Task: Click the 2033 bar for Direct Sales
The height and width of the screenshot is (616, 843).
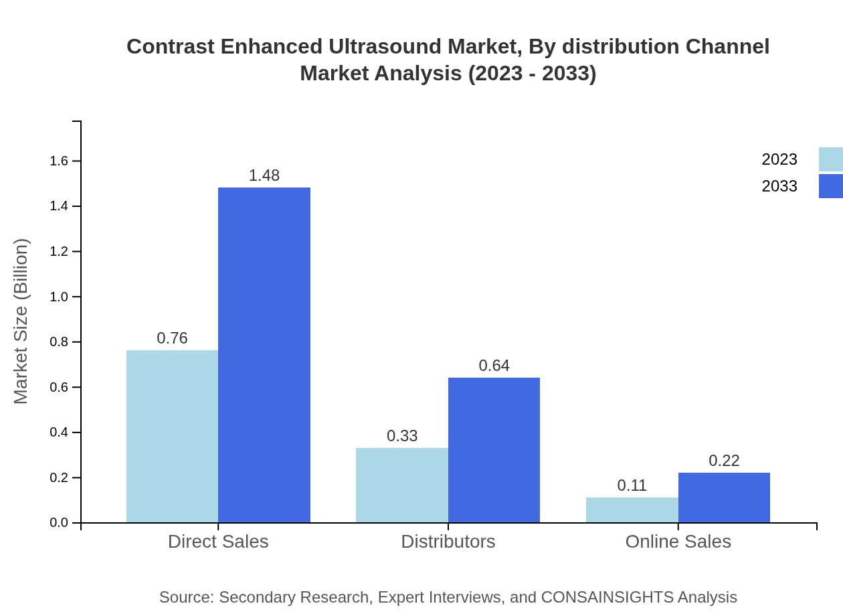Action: click(x=264, y=355)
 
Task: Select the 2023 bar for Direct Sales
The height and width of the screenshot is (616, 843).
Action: click(x=172, y=436)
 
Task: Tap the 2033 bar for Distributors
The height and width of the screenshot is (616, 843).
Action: click(x=494, y=450)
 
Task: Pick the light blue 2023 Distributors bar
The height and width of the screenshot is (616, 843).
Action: click(x=401, y=485)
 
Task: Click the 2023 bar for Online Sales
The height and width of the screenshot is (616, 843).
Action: click(x=632, y=510)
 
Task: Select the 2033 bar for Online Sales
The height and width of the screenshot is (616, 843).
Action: click(x=724, y=497)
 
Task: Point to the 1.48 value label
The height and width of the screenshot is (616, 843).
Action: click(x=264, y=175)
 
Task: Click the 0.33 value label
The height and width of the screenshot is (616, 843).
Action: click(x=402, y=436)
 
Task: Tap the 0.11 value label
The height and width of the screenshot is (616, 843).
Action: click(x=632, y=485)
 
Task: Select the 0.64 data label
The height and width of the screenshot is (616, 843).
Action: click(x=494, y=366)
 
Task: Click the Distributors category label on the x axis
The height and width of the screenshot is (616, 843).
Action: click(x=448, y=542)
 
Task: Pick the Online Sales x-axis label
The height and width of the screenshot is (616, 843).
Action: click(x=678, y=542)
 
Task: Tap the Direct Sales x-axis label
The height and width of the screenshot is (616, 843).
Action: click(x=218, y=542)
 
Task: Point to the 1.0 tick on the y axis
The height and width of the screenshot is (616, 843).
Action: click(x=59, y=297)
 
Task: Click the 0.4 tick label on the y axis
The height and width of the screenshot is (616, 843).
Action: click(x=59, y=433)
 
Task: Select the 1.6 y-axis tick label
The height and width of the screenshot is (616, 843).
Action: click(x=59, y=161)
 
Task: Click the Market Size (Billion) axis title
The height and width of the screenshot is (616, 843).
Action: click(x=21, y=321)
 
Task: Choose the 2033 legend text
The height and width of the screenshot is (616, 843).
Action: click(x=779, y=186)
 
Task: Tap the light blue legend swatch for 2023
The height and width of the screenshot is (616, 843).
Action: click(x=830, y=159)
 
